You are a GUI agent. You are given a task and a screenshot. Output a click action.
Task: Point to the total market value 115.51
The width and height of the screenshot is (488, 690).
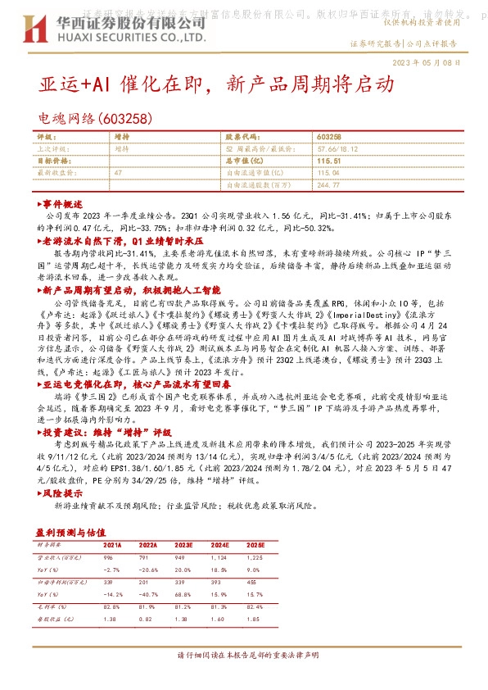(x=328, y=161)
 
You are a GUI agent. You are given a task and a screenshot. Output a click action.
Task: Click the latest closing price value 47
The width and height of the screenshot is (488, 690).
(x=119, y=173)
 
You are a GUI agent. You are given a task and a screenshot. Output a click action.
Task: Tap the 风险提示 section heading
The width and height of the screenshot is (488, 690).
(x=62, y=494)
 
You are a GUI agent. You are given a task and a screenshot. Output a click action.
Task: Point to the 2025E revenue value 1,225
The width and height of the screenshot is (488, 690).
(x=278, y=556)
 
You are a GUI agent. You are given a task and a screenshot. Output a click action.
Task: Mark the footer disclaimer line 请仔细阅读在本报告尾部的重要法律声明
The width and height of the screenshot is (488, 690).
(x=244, y=656)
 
